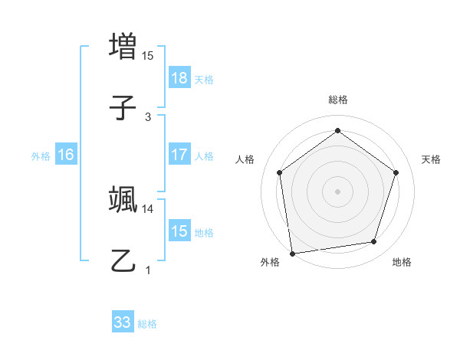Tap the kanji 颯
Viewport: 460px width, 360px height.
tap(123, 199)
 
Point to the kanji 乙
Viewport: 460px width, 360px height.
tap(123, 260)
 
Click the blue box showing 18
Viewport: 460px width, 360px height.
tap(179, 78)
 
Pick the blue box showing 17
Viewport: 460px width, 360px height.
tap(179, 155)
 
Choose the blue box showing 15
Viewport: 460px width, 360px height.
tap(179, 231)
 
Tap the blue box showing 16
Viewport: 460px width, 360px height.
tap(66, 155)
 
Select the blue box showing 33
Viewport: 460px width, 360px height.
tap(123, 322)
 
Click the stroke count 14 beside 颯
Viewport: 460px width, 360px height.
tap(148, 208)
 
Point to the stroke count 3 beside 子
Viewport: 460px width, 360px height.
tap(148, 116)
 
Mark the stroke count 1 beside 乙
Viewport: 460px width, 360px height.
tap(148, 270)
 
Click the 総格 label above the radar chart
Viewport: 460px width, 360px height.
tap(337, 100)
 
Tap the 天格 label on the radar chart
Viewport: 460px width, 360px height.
tap(431, 159)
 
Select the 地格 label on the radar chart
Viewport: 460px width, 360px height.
tap(402, 262)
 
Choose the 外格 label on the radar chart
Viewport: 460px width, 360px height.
tap(270, 262)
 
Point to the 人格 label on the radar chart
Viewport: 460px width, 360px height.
tap(245, 159)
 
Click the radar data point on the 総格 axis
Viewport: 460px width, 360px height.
tap(337, 131)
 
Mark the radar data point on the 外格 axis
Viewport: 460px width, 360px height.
tap(292, 252)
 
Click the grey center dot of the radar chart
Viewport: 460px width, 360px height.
tap(337, 191)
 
